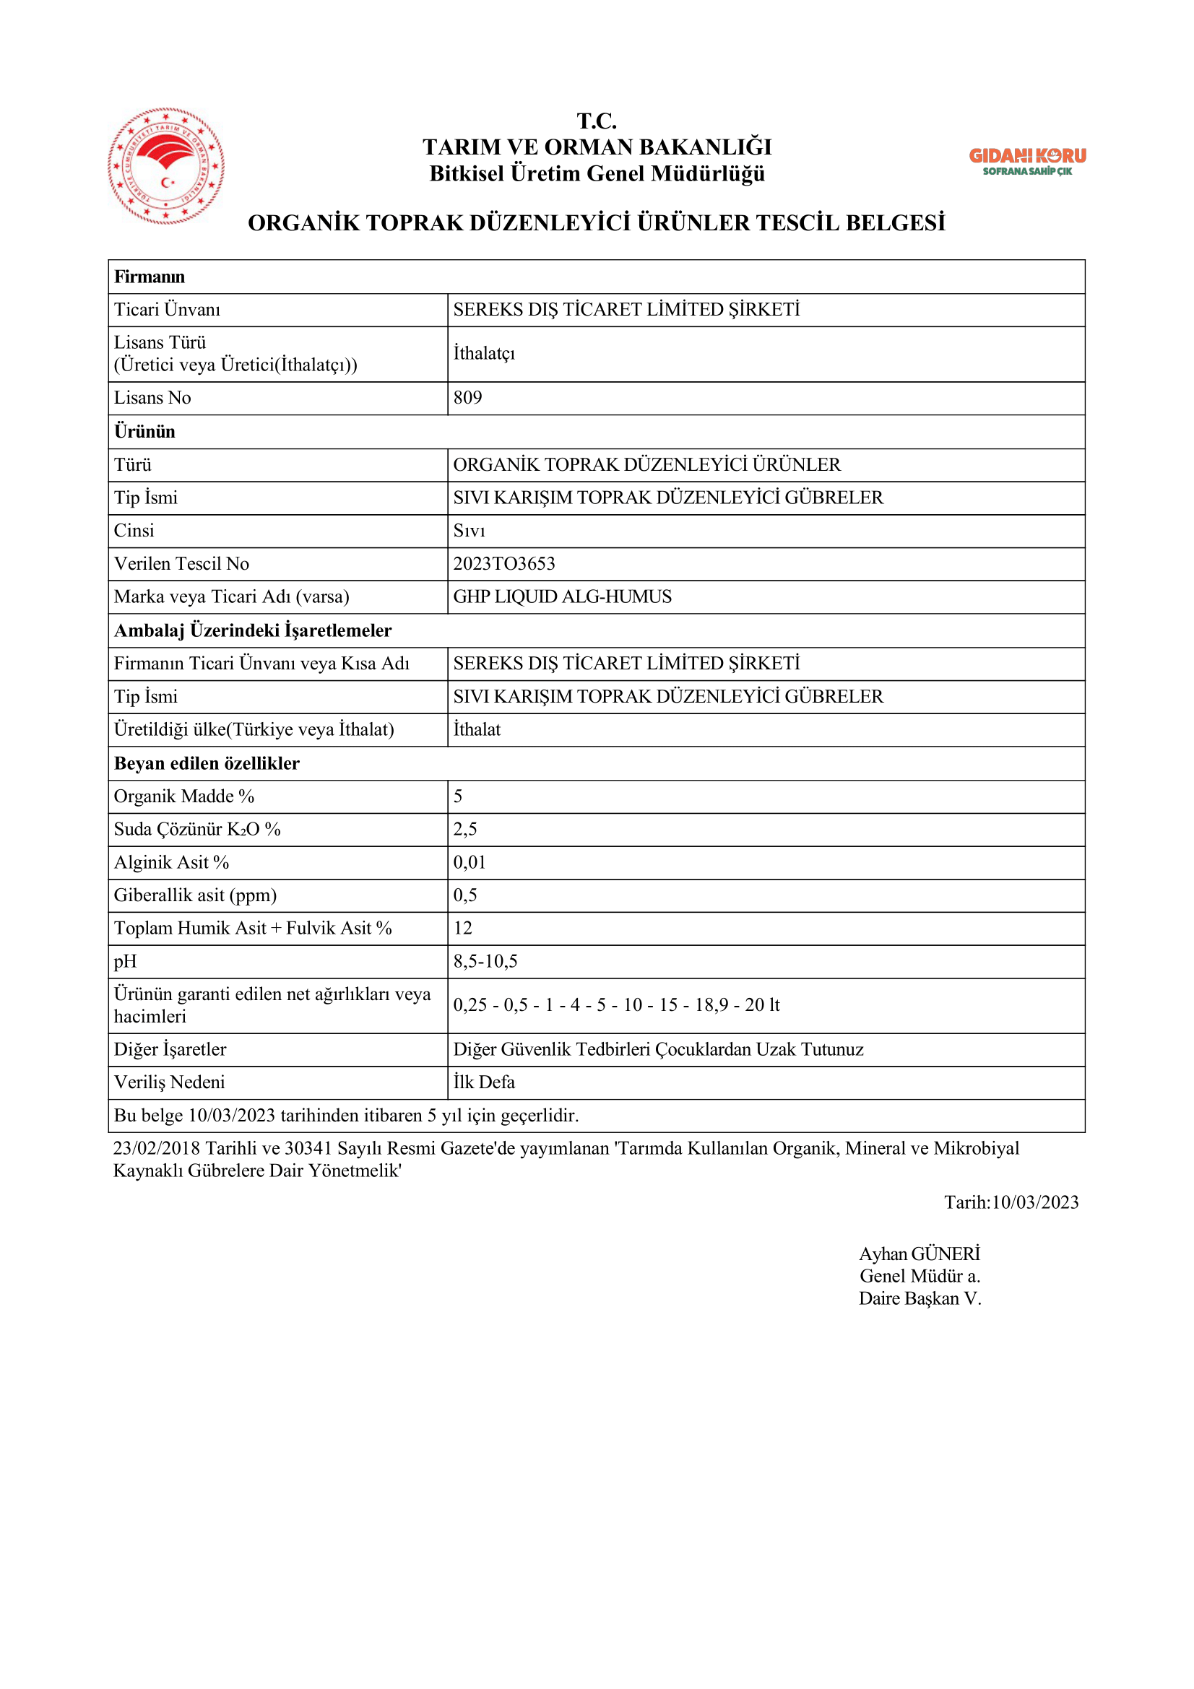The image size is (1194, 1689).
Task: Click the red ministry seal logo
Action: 166,166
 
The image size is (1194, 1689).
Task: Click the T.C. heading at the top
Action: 597,121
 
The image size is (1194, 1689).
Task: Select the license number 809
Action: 468,398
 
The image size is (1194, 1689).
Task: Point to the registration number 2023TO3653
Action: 504,564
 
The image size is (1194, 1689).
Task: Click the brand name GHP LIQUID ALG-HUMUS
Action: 562,597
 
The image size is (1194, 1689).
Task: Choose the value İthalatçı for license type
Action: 484,354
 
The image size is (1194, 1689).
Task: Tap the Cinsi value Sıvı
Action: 469,531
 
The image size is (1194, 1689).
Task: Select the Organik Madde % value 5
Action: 459,796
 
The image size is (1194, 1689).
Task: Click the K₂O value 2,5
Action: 465,830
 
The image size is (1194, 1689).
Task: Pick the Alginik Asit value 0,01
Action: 470,863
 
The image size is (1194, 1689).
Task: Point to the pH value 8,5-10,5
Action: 485,961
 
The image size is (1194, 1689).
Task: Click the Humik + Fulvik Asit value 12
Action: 463,929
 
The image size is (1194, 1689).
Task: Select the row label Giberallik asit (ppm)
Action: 195,896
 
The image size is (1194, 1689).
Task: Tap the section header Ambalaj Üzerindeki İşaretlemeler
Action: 252,630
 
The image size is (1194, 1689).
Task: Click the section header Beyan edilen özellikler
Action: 207,763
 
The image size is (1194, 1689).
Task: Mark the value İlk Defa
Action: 484,1083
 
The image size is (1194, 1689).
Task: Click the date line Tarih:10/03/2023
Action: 1011,1203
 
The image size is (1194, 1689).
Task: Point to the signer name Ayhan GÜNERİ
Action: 920,1254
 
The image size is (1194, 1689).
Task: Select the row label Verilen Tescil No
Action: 182,564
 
